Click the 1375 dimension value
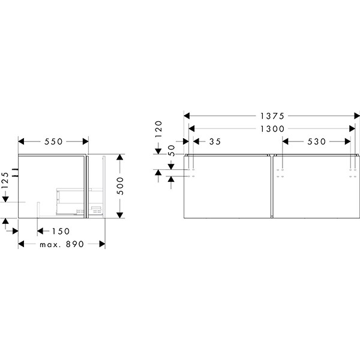point(272,116)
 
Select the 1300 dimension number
point(272,129)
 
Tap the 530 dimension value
point(317,142)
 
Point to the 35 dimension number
point(215,142)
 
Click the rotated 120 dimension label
point(158,129)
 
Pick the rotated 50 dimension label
point(172,151)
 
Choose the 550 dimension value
point(53,142)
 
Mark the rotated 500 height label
point(120,186)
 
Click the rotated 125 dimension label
point(5,181)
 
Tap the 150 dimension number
point(61,231)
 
